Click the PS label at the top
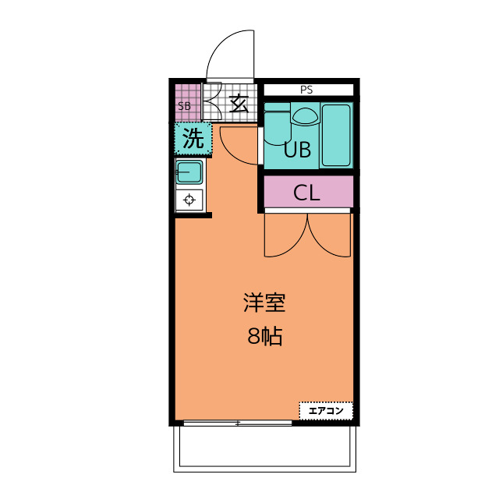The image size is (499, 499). pos(306,90)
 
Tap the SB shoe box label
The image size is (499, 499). pos(184,106)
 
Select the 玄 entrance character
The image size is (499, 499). pos(239,103)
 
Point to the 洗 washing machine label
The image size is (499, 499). pos(193,140)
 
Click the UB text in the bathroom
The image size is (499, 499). pos(297,150)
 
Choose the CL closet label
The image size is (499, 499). pos(306,193)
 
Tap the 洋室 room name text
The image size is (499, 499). pos(264,303)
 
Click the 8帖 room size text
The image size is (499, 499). pos(264,337)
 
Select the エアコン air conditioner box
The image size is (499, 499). pos(326,410)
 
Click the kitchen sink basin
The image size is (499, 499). pos(189,172)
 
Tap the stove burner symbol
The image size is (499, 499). pos(189,200)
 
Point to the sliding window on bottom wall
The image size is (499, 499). pos(238,423)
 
